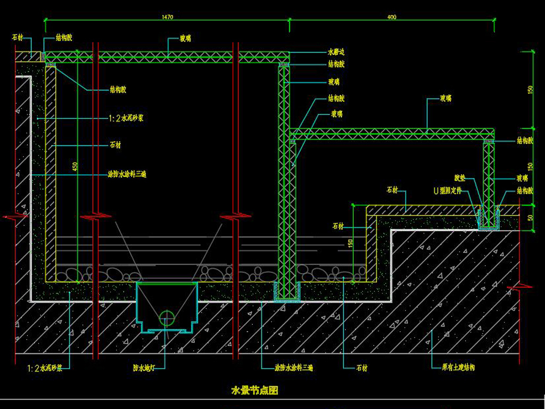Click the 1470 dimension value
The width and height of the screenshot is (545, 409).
point(167,18)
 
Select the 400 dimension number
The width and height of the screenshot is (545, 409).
point(392,18)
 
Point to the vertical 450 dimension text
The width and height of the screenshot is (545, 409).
point(75,167)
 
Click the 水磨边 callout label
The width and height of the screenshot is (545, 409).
point(336,52)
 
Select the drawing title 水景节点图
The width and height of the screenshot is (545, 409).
point(254,391)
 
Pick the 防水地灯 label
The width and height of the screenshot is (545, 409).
point(144,367)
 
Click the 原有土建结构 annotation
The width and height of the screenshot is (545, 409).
point(458,367)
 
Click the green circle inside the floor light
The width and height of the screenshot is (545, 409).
point(167,318)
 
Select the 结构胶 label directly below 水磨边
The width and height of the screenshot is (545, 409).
point(336,64)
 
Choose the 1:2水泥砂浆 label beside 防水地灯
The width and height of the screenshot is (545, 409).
point(45,367)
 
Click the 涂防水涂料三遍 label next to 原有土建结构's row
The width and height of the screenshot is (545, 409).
point(294,367)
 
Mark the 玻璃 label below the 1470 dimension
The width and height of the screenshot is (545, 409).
point(185,39)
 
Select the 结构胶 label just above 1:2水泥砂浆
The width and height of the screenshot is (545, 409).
point(118,89)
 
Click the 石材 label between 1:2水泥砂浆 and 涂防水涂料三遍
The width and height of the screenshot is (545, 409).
point(115,144)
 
